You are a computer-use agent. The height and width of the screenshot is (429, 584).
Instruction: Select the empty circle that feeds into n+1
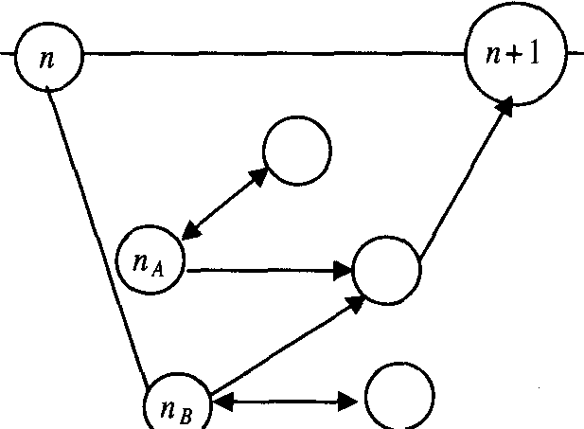(386, 270)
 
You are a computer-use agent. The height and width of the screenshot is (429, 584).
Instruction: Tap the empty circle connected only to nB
(398, 397)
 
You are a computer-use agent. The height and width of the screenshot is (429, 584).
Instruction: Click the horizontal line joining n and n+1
(274, 54)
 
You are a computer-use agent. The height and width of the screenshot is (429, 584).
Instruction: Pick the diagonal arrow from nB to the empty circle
(284, 346)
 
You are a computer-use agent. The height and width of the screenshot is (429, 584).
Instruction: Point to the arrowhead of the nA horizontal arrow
(343, 271)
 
